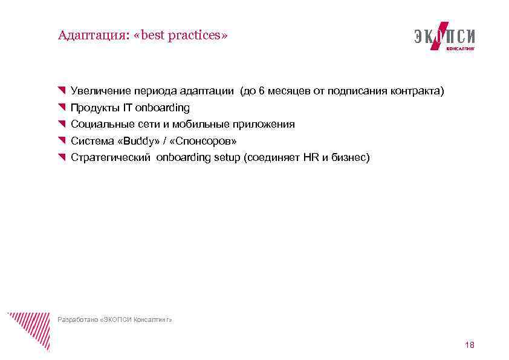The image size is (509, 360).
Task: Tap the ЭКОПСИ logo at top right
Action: (x=444, y=36)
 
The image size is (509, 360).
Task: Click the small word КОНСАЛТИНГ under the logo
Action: (x=460, y=48)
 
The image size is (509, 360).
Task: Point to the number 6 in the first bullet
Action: (x=261, y=91)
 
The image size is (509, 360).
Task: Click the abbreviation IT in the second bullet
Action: (x=128, y=108)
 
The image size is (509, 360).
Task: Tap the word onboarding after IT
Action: (x=163, y=108)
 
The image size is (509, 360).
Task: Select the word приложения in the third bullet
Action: (x=268, y=125)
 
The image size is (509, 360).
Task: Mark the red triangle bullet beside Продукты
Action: (x=62, y=108)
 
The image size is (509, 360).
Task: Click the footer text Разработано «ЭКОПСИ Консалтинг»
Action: (x=115, y=319)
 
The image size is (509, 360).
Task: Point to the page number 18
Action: (x=470, y=345)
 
